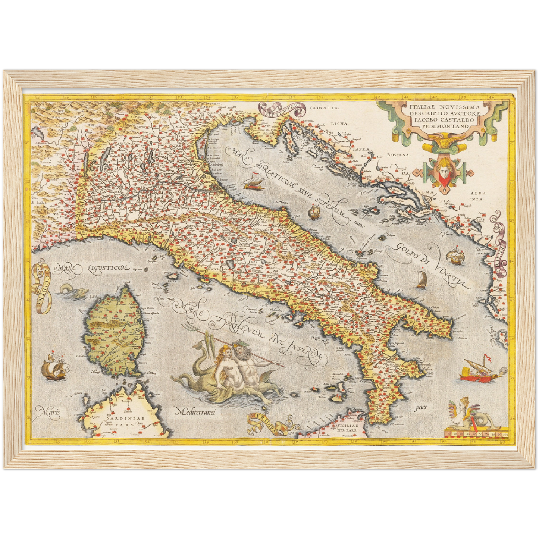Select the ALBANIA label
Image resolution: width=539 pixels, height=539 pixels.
[478, 196]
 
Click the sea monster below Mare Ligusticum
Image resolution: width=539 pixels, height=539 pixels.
[71, 290]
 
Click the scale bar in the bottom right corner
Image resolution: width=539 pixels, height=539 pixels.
[476, 434]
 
